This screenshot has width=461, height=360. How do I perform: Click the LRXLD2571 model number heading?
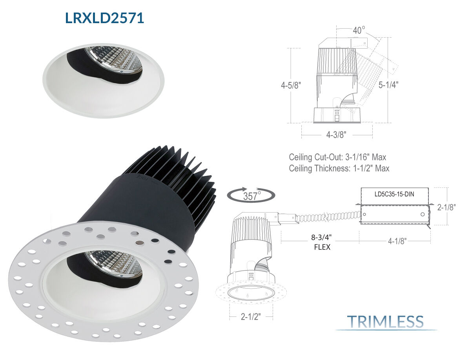pos(104,18)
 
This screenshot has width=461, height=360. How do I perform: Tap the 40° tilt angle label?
pos(359,30)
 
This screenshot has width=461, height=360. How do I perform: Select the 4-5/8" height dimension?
pos(291,85)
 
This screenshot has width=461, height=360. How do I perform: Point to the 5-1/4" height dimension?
pos(388,85)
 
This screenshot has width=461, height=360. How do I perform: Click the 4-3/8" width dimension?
pos(336,135)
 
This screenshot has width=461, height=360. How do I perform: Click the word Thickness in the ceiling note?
pos(332,168)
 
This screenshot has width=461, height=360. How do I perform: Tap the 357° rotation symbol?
pos(251,195)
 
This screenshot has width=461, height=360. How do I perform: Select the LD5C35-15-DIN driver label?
pos(394,194)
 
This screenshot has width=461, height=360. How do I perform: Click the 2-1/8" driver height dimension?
pos(446,207)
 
